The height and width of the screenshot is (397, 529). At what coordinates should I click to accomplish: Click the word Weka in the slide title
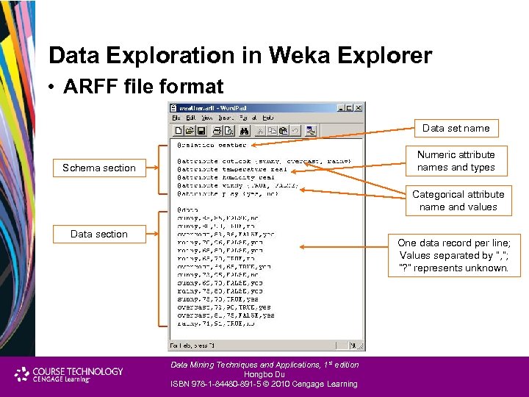(303, 56)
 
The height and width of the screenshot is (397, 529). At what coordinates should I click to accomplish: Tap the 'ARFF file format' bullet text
(143, 87)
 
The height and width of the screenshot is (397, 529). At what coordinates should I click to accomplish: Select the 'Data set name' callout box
(456, 128)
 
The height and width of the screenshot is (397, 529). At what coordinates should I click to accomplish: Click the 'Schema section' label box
(99, 168)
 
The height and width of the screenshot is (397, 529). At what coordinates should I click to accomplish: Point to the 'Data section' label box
(99, 234)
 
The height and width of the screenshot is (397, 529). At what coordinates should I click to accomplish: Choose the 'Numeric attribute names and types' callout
(456, 161)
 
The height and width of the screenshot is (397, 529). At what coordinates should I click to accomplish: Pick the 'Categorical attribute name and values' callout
(458, 201)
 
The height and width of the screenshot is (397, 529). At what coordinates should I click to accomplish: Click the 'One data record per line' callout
(454, 255)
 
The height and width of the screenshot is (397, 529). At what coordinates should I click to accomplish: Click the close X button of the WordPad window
(359, 107)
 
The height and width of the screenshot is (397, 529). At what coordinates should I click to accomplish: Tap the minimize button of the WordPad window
(341, 107)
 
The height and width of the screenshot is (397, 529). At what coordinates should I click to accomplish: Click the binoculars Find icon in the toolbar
(245, 131)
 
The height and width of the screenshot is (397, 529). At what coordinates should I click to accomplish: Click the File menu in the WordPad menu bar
(176, 118)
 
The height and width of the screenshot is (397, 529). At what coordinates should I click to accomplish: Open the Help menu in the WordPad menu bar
(267, 118)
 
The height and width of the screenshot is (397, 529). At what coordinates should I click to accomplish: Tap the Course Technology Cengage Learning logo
(70, 375)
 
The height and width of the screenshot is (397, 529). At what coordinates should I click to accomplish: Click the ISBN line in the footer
(264, 384)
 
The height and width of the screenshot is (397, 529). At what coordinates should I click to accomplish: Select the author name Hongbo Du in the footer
(264, 374)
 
